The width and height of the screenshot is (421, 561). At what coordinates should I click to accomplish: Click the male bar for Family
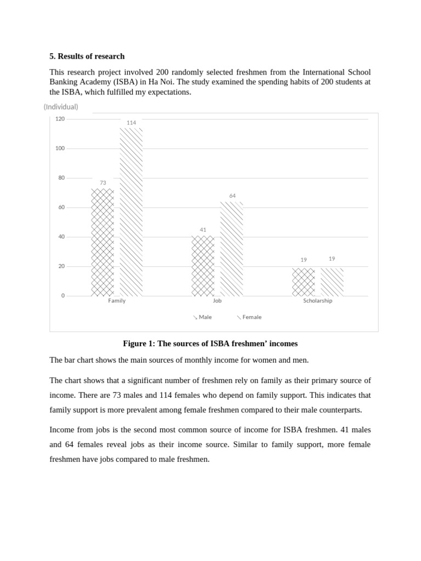click(x=103, y=242)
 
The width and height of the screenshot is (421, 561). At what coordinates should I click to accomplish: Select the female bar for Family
click(x=131, y=212)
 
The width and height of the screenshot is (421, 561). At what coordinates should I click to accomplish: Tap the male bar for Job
click(x=203, y=266)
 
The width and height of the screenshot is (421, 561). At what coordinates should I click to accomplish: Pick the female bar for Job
click(x=231, y=249)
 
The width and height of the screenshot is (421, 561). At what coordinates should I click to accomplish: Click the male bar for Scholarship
click(x=304, y=282)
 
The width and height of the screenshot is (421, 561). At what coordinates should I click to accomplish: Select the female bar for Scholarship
click(x=332, y=282)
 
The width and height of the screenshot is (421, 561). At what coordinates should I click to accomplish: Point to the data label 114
click(x=131, y=123)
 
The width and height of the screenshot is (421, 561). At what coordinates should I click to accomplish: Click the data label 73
click(x=103, y=183)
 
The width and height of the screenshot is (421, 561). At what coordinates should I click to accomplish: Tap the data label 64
click(x=232, y=196)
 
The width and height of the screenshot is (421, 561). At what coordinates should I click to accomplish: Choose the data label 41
click(x=203, y=230)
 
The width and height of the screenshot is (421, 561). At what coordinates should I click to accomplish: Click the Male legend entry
click(x=202, y=317)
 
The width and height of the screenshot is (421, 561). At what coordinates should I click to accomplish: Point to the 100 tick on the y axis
click(x=60, y=148)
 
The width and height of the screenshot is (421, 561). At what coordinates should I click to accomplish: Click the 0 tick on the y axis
click(x=62, y=296)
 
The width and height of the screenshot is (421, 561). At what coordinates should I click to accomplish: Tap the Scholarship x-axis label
click(x=317, y=301)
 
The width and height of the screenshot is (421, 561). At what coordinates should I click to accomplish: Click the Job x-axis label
click(x=217, y=301)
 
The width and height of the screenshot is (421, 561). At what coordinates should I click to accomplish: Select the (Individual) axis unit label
click(x=61, y=107)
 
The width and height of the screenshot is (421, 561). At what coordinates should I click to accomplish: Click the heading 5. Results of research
click(x=87, y=56)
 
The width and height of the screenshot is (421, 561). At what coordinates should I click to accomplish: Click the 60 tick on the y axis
click(x=61, y=208)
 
